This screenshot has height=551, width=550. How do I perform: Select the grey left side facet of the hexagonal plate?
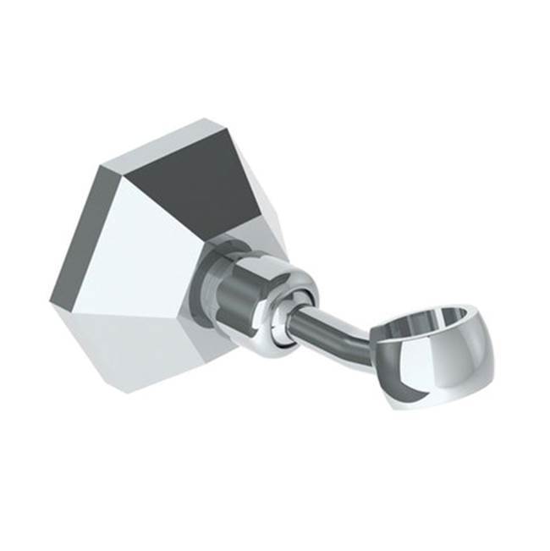pos(80,237)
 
